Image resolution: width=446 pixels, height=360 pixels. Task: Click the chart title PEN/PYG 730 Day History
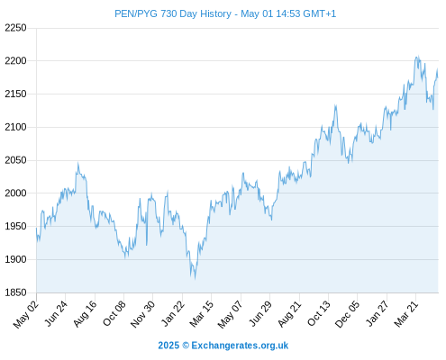[x=173, y=13]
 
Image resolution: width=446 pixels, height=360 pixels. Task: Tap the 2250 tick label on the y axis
[x=15, y=28]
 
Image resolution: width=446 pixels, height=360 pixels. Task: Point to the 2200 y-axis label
[x=15, y=61]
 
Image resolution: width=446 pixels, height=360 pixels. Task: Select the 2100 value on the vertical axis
[x=15, y=127]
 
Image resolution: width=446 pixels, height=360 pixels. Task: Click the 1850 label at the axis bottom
[x=15, y=292]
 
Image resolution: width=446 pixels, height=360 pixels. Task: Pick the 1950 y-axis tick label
[x=15, y=226]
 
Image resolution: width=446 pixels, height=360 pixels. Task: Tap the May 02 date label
[x=26, y=314]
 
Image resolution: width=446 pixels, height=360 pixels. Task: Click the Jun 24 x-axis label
[x=56, y=313]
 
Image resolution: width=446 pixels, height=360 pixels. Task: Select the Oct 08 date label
[x=114, y=313]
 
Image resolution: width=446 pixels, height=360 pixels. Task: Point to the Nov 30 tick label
[x=143, y=313]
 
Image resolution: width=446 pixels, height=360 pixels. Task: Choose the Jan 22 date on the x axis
[x=172, y=313]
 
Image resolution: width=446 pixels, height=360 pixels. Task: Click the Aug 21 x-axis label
[x=289, y=313]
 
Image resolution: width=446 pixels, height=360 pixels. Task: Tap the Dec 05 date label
[x=347, y=314]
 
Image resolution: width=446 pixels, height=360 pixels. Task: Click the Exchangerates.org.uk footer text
[x=240, y=346]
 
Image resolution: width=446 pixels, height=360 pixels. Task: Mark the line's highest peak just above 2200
[x=417, y=56]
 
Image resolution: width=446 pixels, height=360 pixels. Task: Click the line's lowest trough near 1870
[x=195, y=279]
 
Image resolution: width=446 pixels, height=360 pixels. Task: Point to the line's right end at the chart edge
[x=438, y=77]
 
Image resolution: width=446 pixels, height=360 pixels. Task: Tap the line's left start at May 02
[x=37, y=229]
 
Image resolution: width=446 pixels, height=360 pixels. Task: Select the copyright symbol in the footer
[x=186, y=346]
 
